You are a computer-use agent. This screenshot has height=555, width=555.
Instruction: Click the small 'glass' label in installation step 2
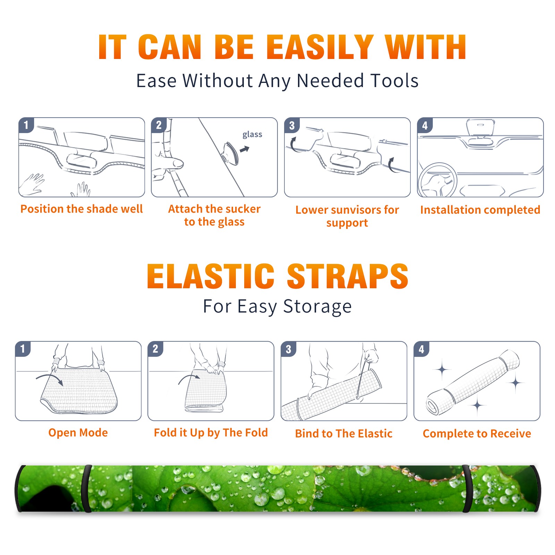(x=252, y=135)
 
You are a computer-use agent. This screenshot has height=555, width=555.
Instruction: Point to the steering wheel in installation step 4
(x=437, y=180)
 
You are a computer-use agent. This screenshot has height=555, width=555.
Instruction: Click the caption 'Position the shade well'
(x=82, y=209)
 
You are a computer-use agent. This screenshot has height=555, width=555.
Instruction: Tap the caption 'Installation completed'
(x=480, y=210)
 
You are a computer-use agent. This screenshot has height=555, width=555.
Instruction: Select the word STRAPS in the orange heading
(x=348, y=276)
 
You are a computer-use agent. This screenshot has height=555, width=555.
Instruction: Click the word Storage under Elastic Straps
(x=317, y=307)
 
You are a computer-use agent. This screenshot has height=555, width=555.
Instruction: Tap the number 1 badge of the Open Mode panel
(x=23, y=349)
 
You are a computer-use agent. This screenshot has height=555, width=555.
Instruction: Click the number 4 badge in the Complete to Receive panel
(x=421, y=349)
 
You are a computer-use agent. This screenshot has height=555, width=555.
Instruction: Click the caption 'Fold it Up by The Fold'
(x=211, y=433)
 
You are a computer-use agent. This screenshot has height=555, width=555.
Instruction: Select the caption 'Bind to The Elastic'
(x=344, y=434)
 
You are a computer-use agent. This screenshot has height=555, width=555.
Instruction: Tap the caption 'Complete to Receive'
(x=477, y=434)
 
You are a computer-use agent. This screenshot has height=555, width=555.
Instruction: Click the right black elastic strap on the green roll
(x=467, y=489)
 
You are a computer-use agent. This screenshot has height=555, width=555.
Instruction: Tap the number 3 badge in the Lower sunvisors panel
(x=292, y=126)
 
